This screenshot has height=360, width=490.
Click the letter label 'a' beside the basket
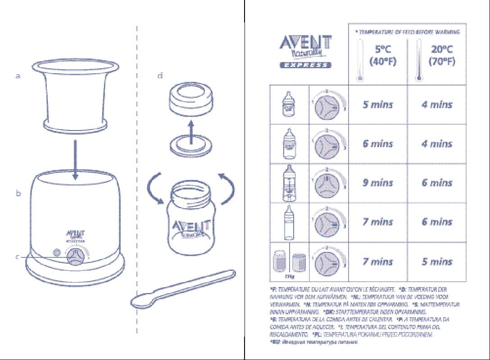[x=18, y=76]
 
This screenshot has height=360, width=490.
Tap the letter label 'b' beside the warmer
[x=18, y=194]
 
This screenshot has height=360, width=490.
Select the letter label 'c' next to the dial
[x=17, y=256]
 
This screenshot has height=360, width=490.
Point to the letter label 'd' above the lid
[x=160, y=76]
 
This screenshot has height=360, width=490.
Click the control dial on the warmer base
[x=75, y=257]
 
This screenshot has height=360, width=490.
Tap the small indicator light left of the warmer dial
[x=56, y=253]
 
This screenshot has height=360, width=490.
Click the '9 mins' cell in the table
[x=378, y=183]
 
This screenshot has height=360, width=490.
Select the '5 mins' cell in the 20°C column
[x=437, y=261]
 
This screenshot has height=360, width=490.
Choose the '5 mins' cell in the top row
[x=378, y=105]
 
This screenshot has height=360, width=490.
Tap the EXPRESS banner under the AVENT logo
[x=305, y=65]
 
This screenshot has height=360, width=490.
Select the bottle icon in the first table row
[x=289, y=104]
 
